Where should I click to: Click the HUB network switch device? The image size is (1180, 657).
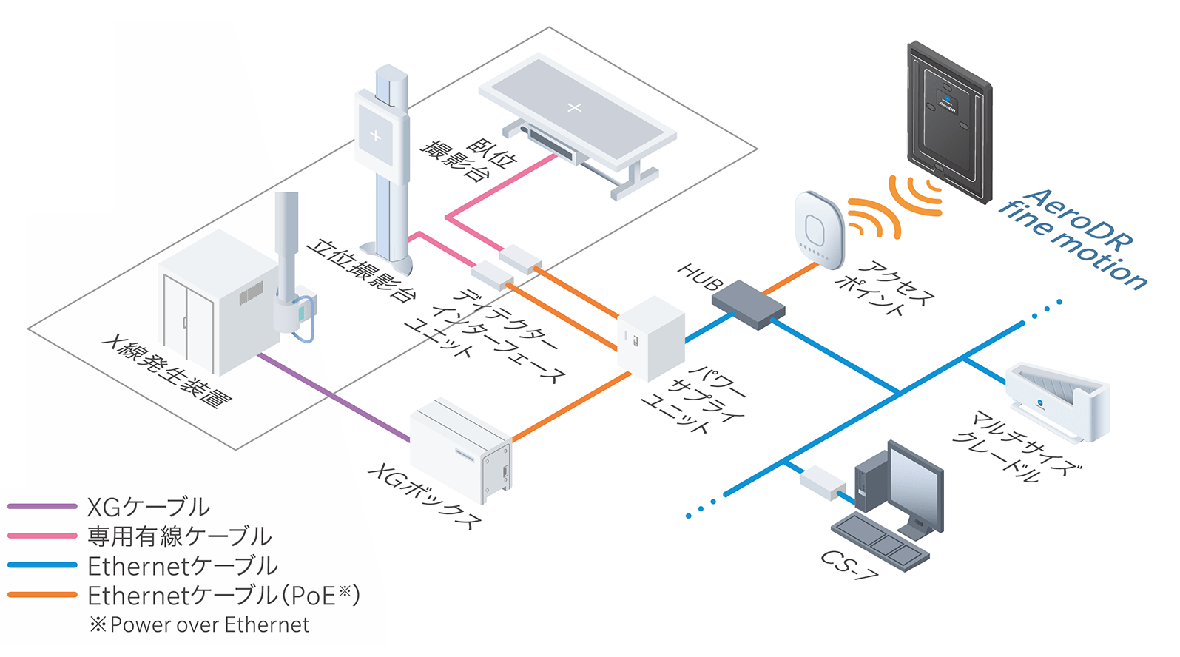coord(747,303)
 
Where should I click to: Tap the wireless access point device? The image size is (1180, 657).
coord(819,230)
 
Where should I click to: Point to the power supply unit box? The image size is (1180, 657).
coord(651,337)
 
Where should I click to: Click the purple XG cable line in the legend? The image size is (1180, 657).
coord(42,507)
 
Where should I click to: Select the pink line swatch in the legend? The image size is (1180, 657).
coord(42,536)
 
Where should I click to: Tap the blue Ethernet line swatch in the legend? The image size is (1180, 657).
coord(42,565)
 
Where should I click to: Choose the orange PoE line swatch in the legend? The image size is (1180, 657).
coord(42,595)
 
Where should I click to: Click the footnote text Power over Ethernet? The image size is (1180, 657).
coord(209,625)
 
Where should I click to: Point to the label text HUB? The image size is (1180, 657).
coord(700,277)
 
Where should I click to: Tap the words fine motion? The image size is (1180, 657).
coord(1073,244)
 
